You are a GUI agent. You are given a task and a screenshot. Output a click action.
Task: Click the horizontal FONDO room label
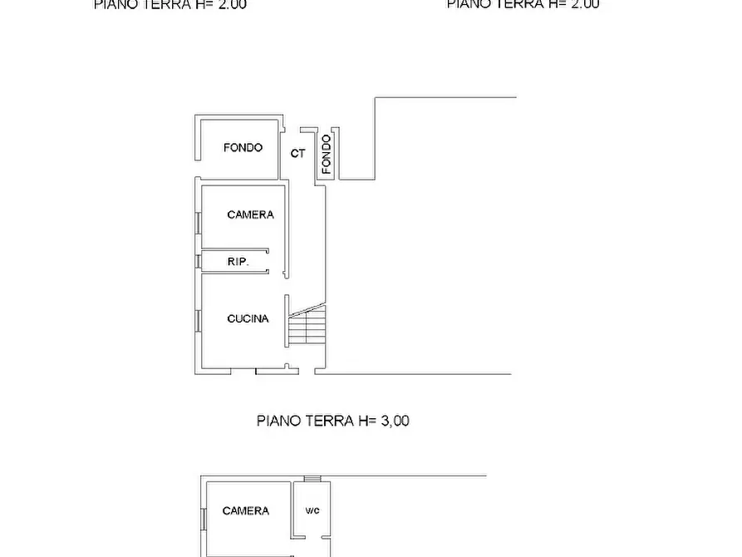pos(243,148)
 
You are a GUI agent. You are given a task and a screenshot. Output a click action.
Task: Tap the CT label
pos(297,154)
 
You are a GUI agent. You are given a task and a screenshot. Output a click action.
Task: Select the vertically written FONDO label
pos(327,154)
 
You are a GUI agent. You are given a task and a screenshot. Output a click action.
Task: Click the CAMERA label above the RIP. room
pos(250,214)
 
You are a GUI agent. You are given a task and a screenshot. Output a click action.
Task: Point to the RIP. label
pos(238,262)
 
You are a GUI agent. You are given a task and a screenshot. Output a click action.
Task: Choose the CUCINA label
pos(248,318)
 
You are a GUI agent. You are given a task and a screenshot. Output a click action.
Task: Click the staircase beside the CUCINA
pos(307,325)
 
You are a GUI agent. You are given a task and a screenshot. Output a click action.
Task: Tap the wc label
pos(312,510)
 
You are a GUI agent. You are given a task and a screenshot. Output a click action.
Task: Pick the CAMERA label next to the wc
pos(245,510)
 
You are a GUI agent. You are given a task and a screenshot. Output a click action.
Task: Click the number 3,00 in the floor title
pos(395,421)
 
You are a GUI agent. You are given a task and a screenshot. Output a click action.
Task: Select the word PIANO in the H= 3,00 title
pos(277,421)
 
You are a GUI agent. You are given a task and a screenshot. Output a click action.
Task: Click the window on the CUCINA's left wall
pos(199,321)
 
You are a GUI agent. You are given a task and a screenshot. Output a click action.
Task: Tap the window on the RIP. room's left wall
pos(199,261)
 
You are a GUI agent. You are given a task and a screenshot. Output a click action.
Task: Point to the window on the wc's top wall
pos(312,478)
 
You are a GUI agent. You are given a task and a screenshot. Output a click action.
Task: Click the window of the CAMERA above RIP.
pos(199,223)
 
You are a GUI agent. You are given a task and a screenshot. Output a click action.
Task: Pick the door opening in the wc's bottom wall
pos(312,555)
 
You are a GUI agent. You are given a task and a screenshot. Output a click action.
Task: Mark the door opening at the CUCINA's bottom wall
pos(245,372)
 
